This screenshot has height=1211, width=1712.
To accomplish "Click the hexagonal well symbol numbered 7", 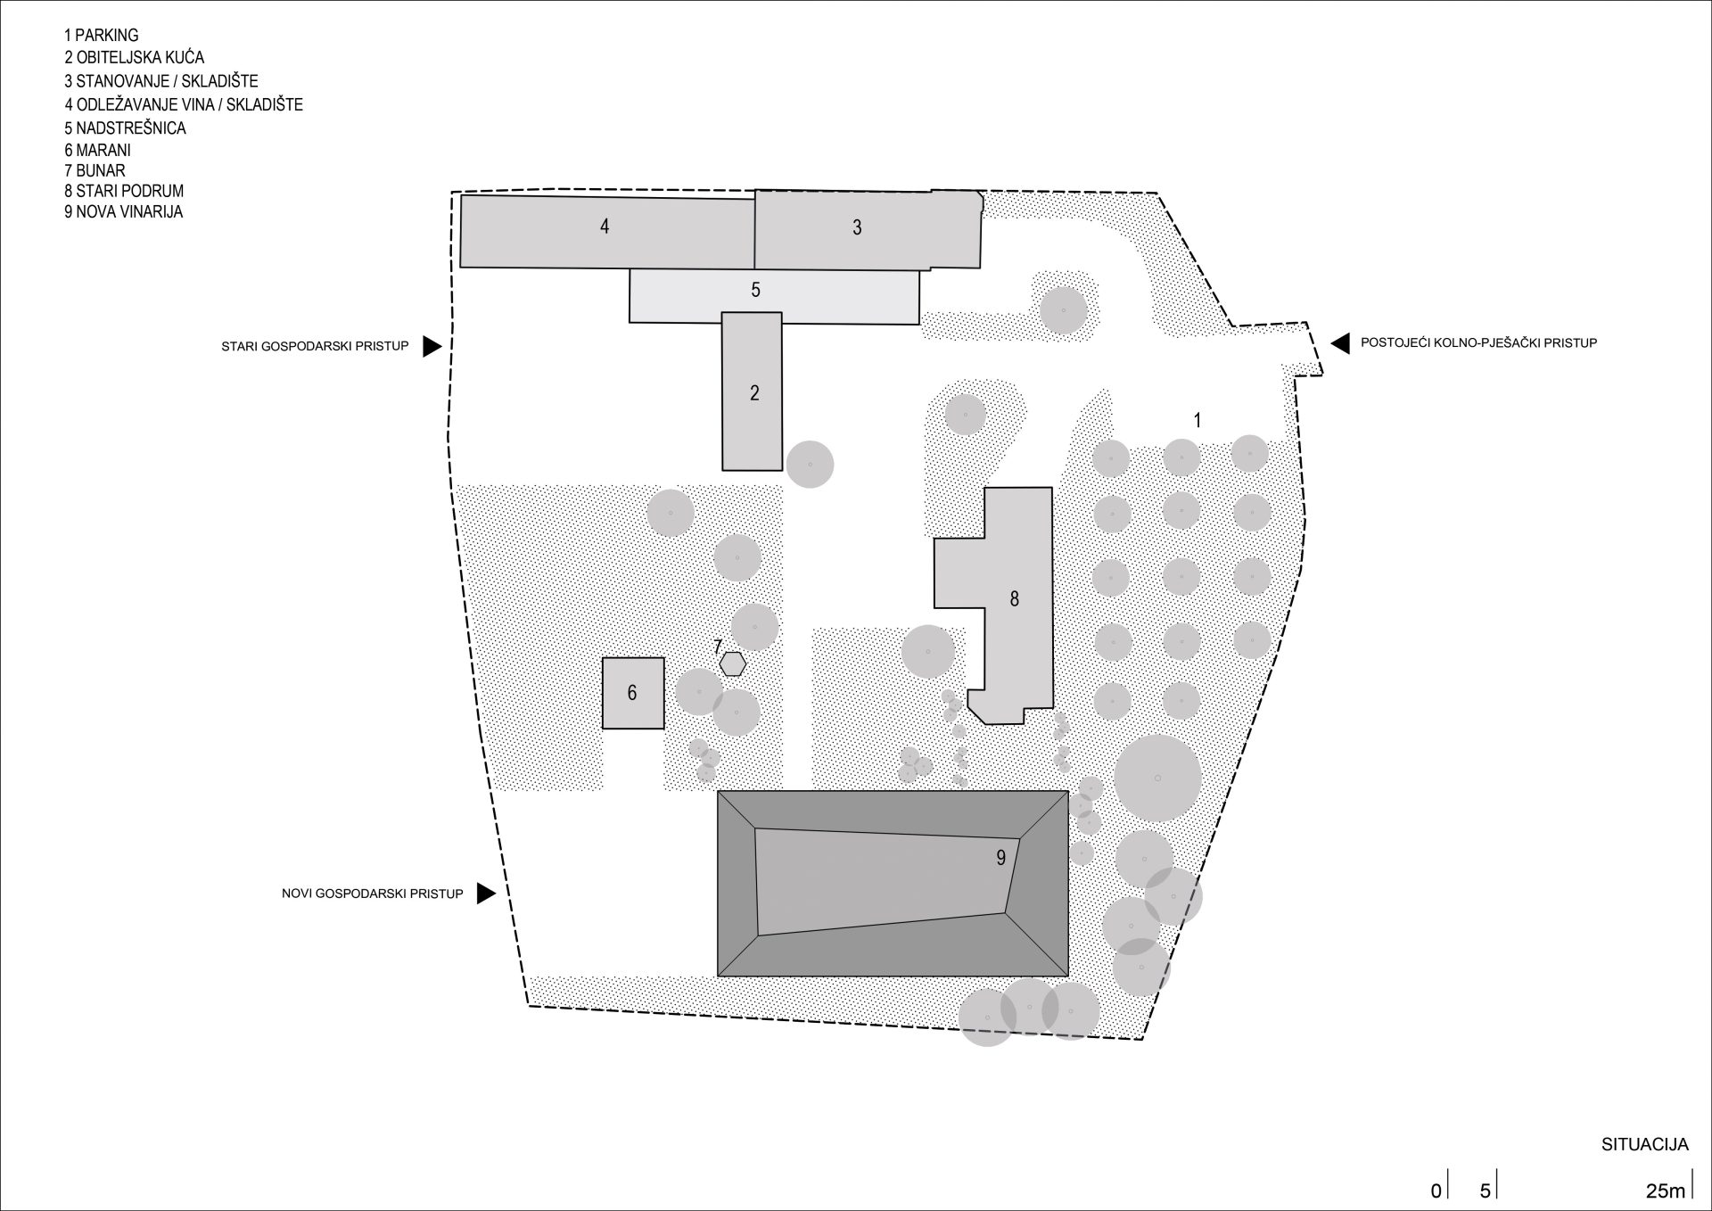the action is [733, 663].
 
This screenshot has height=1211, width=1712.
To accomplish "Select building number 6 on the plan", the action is [633, 694].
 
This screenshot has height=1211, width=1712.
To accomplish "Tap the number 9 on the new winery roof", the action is [1001, 858].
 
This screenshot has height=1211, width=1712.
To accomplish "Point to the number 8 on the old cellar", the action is [1014, 599].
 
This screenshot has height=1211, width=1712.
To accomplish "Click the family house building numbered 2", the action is [752, 391].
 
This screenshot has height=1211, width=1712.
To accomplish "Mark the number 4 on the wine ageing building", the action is [605, 227].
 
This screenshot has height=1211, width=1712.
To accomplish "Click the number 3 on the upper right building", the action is [857, 227].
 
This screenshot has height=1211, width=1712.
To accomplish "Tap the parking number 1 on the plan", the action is [1198, 419].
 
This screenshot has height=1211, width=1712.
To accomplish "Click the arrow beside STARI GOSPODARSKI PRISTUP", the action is [432, 346].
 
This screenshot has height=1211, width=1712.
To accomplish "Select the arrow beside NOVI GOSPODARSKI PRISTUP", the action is [486, 894].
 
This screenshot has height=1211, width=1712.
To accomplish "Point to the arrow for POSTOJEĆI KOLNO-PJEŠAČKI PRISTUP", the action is [1339, 342].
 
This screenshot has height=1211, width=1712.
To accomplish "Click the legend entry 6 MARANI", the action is [97, 150].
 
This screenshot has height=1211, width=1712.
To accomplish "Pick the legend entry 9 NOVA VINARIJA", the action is [123, 212].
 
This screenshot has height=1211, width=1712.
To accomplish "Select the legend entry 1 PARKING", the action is [101, 36].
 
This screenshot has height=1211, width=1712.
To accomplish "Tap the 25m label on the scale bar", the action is [1666, 1190].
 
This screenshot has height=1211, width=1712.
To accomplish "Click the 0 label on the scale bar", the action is [1436, 1190].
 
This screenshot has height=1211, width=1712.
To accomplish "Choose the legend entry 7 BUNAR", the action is [95, 170].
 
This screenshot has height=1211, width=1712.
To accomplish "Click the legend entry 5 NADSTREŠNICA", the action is [125, 128].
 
